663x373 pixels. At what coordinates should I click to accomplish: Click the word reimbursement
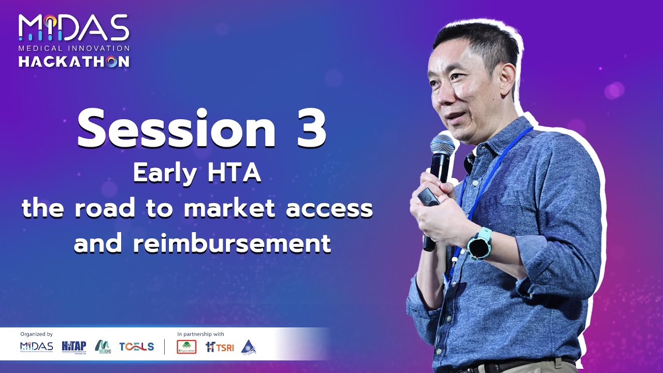coord(232,243)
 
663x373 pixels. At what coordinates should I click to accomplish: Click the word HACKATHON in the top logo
coord(74,62)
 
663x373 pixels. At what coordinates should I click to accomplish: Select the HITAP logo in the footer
coord(73,346)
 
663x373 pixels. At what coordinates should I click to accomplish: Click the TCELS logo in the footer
coord(136,347)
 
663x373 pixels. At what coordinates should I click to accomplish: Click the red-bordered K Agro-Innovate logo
coord(186,347)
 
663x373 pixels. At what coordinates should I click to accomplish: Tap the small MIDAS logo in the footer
coord(36,346)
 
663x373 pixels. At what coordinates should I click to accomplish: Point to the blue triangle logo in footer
coord(249,347)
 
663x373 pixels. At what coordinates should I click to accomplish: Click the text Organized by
coord(36,334)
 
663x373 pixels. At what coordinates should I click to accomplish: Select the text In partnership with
coord(200,334)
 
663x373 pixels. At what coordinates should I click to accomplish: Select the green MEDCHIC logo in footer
coord(103,346)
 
